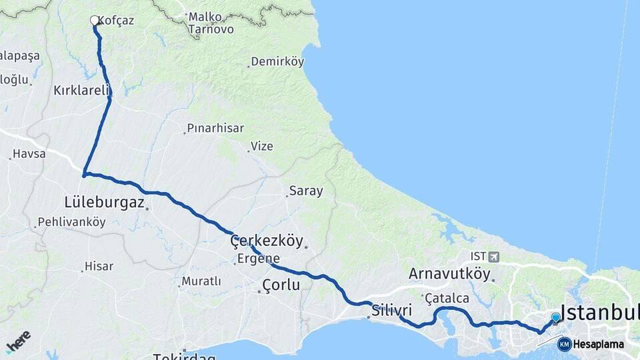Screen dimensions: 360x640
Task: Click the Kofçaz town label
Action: click(116, 21)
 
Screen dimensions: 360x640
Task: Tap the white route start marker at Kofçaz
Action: click(95, 21)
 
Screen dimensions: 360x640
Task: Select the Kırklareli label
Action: click(81, 90)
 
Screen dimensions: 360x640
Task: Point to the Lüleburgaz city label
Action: click(105, 201)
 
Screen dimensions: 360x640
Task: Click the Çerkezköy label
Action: click(267, 240)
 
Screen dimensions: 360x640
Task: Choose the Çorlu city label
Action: click(281, 285)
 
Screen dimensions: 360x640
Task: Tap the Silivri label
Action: click(392, 311)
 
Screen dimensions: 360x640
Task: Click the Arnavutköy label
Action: click(449, 273)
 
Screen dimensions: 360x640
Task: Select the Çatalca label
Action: click(447, 298)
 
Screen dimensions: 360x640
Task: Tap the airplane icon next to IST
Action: click(493, 256)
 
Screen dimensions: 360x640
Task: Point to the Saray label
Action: click(305, 191)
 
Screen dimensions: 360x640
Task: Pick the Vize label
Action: click(261, 146)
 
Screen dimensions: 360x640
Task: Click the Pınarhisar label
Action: click(215, 128)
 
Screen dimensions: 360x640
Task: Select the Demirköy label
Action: click(277, 62)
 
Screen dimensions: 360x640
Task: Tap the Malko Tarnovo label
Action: click(211, 23)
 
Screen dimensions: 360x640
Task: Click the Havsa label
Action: click(29, 154)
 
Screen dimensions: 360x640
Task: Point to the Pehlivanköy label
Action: click(71, 222)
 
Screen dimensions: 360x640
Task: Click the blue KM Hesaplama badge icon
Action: click(565, 344)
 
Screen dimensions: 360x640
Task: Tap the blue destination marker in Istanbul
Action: click(555, 318)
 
